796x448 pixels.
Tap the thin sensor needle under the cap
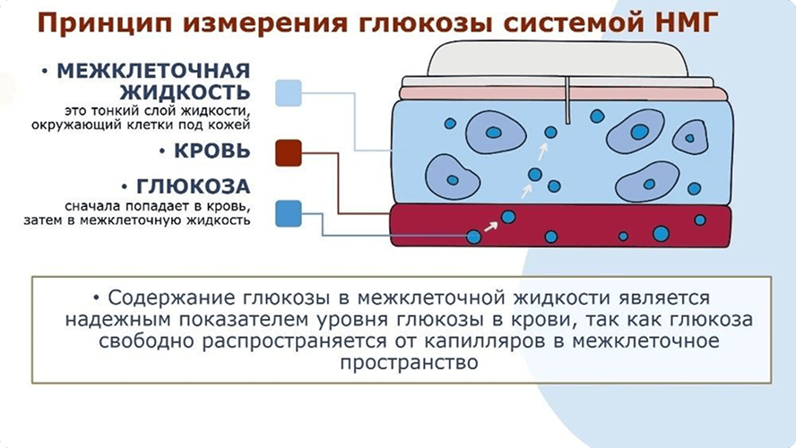point(568,100)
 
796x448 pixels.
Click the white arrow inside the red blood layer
point(491,227)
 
